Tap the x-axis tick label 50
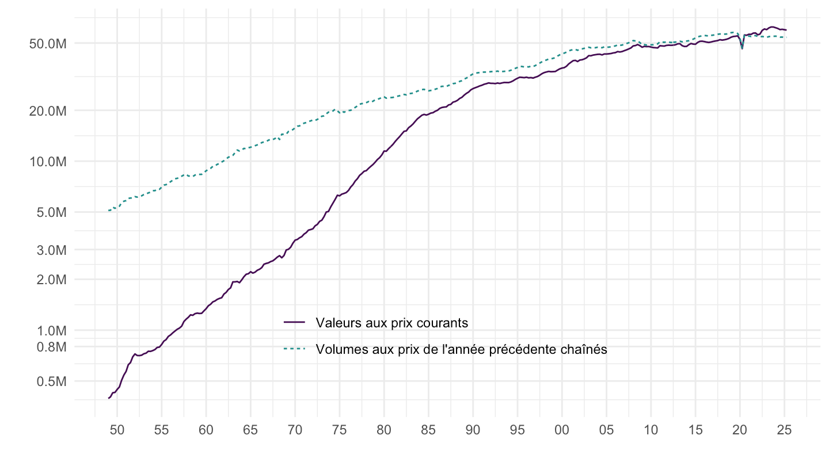coord(117,429)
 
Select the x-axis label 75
coord(340,429)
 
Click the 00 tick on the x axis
coord(562,429)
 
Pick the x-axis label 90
coord(473,429)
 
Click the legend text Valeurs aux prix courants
coord(391,323)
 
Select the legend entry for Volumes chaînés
coord(461,349)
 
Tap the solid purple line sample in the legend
coord(295,323)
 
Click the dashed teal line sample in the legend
coord(295,349)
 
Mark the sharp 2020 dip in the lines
coord(742,47)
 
